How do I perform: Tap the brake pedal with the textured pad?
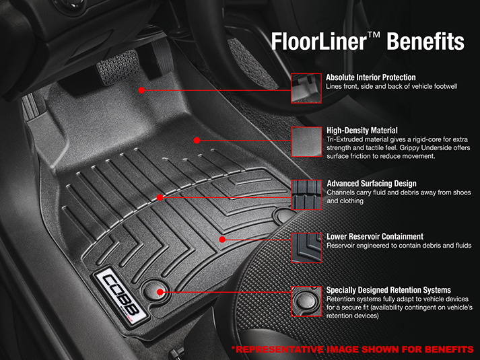click(118, 68)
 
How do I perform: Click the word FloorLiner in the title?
click(319, 41)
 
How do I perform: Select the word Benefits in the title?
click(425, 41)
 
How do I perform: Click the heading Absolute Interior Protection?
click(371, 77)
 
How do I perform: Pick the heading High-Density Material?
click(362, 131)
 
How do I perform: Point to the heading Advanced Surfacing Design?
click(372, 184)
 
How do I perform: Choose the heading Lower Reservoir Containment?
click(375, 236)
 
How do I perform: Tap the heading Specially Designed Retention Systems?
click(388, 290)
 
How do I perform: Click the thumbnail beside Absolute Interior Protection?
click(306, 88)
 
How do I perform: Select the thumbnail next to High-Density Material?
click(306, 142)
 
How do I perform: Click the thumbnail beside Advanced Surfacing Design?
click(306, 195)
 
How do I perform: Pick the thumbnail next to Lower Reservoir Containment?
click(306, 248)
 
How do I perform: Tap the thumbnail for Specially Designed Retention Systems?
click(306, 301)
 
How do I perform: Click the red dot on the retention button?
click(160, 292)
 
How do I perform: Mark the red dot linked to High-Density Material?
click(197, 141)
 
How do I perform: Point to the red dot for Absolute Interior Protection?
click(141, 90)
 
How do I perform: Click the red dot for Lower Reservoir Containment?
click(223, 240)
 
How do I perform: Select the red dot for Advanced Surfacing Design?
click(160, 198)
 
